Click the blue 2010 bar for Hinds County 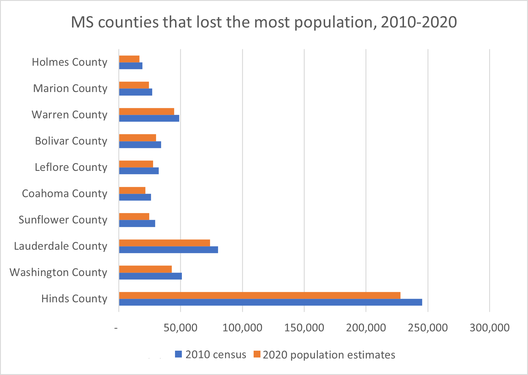(270, 302)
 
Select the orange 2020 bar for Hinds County (260, 295)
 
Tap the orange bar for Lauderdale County (164, 243)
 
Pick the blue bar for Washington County (150, 276)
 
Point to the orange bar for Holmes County (129, 59)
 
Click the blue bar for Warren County (149, 118)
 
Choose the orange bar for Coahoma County (132, 190)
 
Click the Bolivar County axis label (71, 141)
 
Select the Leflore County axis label (71, 167)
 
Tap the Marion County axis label (70, 88)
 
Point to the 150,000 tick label (304, 328)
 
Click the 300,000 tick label (489, 328)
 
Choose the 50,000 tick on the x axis (180, 328)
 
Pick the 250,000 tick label (427, 328)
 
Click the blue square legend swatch (178, 354)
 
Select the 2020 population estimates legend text (329, 355)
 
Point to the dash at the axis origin (116, 328)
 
